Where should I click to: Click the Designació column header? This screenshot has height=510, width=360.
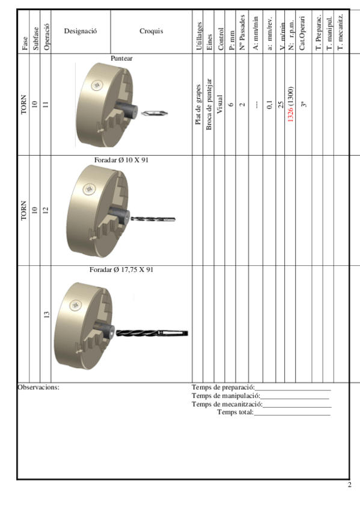click(81, 31)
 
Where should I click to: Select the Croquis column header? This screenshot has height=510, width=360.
click(151, 31)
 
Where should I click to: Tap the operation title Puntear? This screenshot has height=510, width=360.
click(121, 58)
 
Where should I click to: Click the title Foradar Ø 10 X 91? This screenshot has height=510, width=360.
click(121, 160)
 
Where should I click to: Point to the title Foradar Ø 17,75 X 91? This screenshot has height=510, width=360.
click(121, 269)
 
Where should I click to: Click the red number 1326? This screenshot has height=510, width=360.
click(290, 114)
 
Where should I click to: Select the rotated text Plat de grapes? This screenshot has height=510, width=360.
click(198, 105)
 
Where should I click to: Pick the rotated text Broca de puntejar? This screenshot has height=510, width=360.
click(209, 105)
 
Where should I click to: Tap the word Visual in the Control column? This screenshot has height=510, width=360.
click(220, 105)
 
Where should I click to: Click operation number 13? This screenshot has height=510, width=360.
click(46, 315)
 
